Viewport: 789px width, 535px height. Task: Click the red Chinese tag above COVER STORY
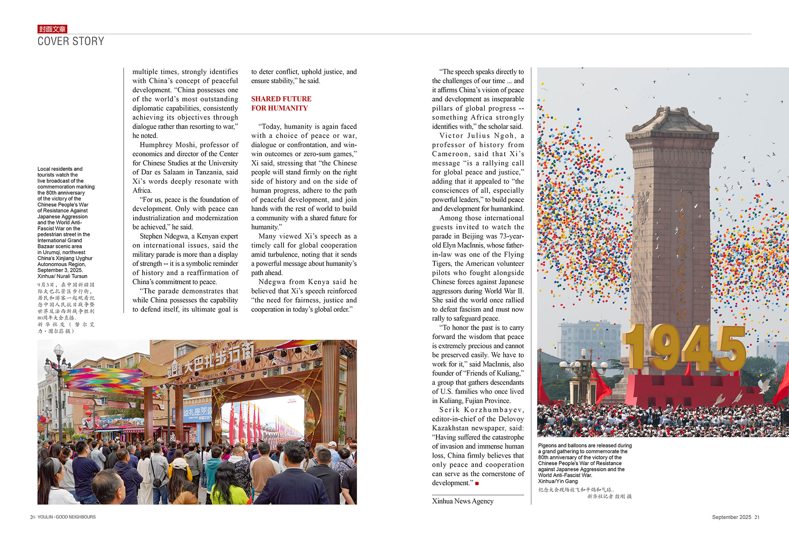click(52, 29)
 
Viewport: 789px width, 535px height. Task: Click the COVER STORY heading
click(71, 41)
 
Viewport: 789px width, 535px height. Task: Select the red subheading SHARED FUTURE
click(281, 99)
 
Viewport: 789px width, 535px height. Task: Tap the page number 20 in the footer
click(32, 517)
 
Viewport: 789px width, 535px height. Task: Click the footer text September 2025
click(731, 517)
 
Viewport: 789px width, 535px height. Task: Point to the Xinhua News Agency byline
click(463, 501)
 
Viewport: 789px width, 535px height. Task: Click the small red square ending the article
click(477, 483)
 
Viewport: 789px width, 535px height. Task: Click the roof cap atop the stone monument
click(672, 119)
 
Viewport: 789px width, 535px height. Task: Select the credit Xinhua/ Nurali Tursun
click(62, 276)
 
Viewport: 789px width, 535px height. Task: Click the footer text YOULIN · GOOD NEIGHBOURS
click(67, 517)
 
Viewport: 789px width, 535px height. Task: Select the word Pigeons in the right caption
click(547, 445)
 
